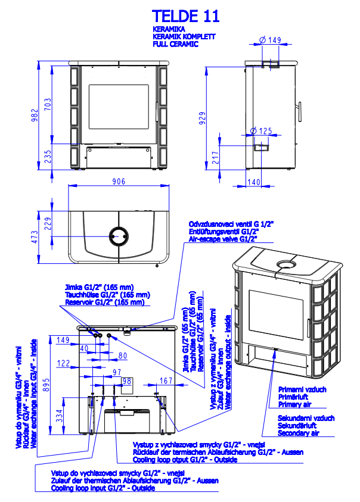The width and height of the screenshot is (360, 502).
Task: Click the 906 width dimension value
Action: point(119,182)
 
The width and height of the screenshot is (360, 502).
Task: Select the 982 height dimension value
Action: point(35,116)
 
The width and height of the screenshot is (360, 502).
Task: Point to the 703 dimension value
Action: point(48,104)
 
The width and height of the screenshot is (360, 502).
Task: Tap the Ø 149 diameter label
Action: point(271,40)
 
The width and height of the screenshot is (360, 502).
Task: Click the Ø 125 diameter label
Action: point(261,130)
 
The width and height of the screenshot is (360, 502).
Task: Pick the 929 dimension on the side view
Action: point(203,117)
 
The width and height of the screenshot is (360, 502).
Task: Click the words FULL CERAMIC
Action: point(175,44)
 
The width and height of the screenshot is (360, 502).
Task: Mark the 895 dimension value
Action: point(46,385)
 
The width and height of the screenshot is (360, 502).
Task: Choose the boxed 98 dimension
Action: point(126,381)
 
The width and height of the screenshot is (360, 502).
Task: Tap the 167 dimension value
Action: point(166,381)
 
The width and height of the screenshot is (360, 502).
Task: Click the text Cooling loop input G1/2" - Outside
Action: point(103,488)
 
